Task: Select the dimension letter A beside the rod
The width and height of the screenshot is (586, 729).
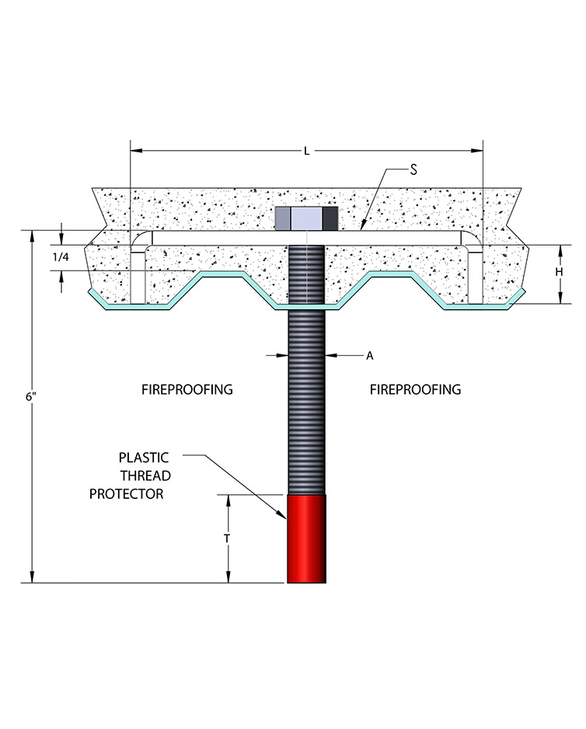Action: click(370, 355)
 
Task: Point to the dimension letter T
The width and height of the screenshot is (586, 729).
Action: click(228, 538)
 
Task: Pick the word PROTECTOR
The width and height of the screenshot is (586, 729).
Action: click(127, 494)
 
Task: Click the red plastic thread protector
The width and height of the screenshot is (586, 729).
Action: click(306, 539)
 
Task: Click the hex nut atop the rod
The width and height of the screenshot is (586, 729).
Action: click(306, 217)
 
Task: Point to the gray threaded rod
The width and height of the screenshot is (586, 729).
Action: click(306, 404)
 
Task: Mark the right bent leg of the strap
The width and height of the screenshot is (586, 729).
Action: click(475, 268)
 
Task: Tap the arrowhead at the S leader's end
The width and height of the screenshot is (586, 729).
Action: click(363, 228)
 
